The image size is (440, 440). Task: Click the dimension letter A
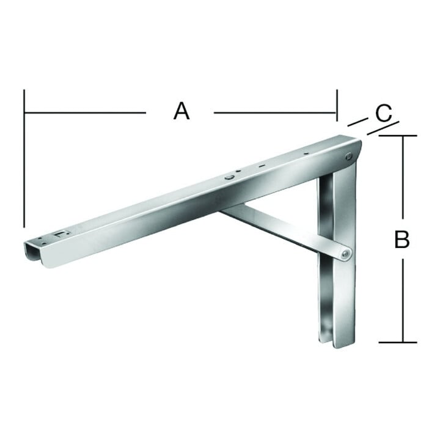(x=182, y=111)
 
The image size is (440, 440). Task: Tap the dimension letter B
(x=402, y=239)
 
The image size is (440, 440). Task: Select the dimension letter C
(x=384, y=113)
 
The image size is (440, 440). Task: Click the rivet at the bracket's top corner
(x=349, y=156)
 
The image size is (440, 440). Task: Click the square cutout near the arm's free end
(x=61, y=233)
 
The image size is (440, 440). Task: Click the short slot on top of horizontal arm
(x=262, y=166)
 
